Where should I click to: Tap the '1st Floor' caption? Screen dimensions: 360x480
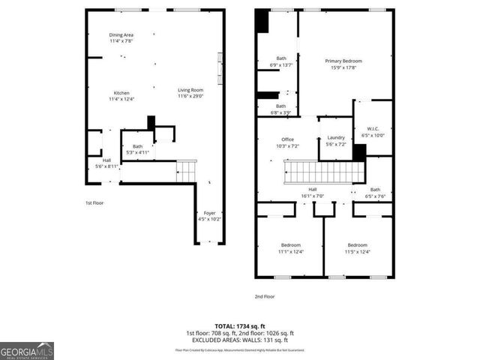(94, 203)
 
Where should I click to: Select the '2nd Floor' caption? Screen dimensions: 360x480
(265, 296)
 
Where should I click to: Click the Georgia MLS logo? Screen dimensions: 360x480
(27, 350)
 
